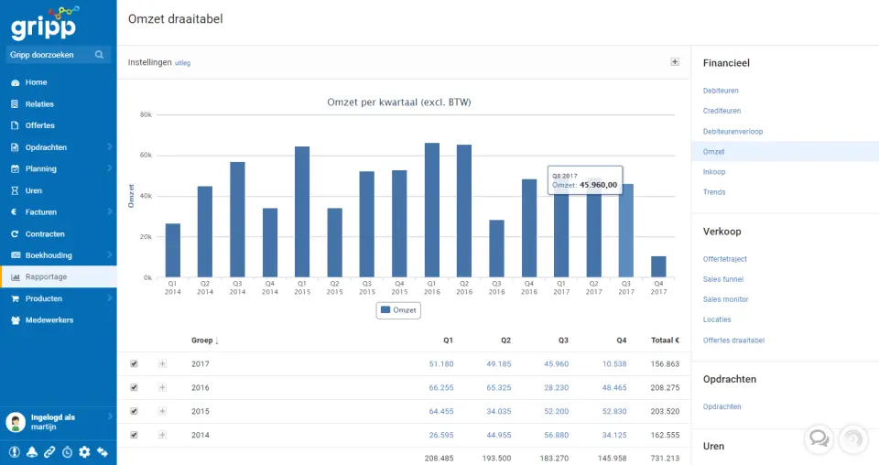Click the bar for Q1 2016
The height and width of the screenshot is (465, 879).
coord(431,211)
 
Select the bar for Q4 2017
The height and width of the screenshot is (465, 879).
coord(658,266)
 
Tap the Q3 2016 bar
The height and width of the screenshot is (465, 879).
coord(496,248)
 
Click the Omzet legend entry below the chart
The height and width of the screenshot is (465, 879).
coord(398,310)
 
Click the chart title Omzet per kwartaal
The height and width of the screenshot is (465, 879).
coord(398,102)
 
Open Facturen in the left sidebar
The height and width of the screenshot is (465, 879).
coord(41,212)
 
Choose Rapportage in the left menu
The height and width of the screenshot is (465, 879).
coord(46,276)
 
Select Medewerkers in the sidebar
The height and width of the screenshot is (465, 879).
coord(49,320)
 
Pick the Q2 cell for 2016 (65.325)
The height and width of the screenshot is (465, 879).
coord(498,387)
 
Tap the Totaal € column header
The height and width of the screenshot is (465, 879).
coord(664,341)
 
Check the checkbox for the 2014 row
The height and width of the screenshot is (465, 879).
coord(134,435)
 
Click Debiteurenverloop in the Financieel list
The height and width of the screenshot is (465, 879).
coord(732,132)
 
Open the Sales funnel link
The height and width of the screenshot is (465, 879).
coord(723,279)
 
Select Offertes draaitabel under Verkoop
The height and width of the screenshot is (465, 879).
coord(733,341)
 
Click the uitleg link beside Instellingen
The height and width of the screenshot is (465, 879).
coord(182,63)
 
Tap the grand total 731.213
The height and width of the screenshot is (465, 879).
coord(664,457)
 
